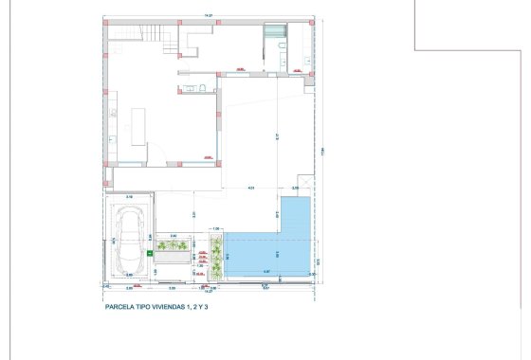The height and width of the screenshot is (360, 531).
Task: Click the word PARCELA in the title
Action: [121, 307]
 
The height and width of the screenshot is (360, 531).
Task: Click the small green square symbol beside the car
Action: [149, 254]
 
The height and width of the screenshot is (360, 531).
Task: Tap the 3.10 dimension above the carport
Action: [129, 197]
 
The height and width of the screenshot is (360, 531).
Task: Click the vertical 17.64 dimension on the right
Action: [323, 152]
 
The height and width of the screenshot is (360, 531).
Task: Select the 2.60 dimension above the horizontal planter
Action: [173, 235]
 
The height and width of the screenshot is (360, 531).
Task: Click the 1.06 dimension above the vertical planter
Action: [216, 228]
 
